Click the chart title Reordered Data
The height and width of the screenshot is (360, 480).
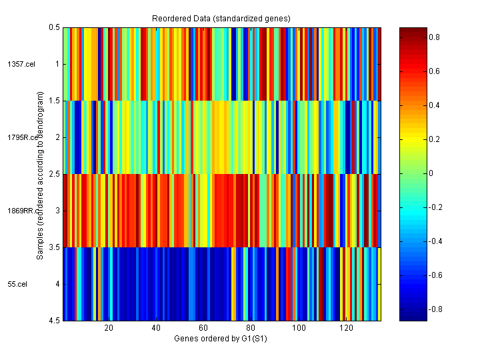coord(222,17)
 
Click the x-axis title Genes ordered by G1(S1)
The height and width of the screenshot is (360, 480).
coord(222,339)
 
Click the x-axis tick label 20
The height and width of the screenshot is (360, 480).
coord(109,328)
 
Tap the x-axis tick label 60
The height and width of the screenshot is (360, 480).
coord(203,328)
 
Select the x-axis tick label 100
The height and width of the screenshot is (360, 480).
coord(299,328)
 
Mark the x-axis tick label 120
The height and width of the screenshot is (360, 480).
coord(346,328)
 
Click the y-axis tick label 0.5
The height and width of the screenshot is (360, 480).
coord(54,27)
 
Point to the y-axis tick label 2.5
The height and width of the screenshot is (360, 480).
coord(54,174)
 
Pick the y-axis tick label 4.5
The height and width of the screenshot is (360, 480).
coord(54,321)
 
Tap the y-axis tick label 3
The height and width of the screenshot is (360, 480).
coord(57,211)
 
